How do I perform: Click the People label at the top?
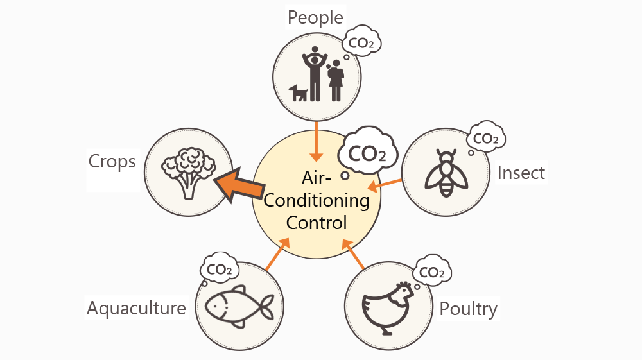pyautogui.click(x=315, y=17)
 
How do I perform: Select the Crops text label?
pyautogui.click(x=112, y=160)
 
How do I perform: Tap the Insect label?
pyautogui.click(x=521, y=173)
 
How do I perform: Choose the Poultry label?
pyautogui.click(x=468, y=309)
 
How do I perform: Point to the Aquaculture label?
pyautogui.click(x=136, y=309)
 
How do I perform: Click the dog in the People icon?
pyautogui.click(x=299, y=94)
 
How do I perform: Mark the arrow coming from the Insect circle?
pyautogui.click(x=385, y=185)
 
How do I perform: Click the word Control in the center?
pyautogui.click(x=317, y=223)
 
